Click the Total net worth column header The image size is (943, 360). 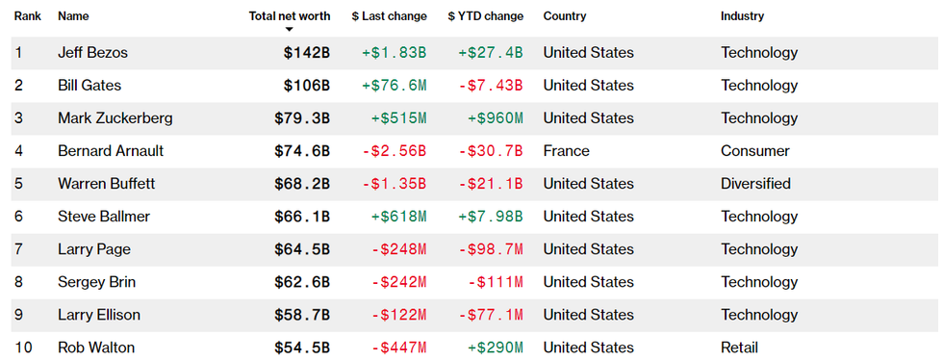click(289, 16)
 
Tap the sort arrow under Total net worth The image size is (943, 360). click(289, 30)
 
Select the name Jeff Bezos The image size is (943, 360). click(92, 53)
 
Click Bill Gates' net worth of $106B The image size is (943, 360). click(307, 86)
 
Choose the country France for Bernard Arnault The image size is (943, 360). click(566, 151)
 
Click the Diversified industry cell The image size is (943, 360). click(755, 184)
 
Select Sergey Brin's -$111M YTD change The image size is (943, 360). click(496, 282)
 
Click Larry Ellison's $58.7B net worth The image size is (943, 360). click(302, 315)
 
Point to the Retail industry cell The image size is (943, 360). click(739, 347)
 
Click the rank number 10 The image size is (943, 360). click(21, 347)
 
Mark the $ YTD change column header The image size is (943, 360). click(486, 16)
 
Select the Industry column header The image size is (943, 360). click(742, 16)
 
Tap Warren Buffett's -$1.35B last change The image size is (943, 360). click(394, 184)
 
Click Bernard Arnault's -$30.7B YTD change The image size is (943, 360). click(491, 151)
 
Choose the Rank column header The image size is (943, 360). click(27, 16)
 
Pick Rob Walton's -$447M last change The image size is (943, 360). click(398, 347)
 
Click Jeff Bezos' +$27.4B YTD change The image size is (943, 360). click(491, 53)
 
